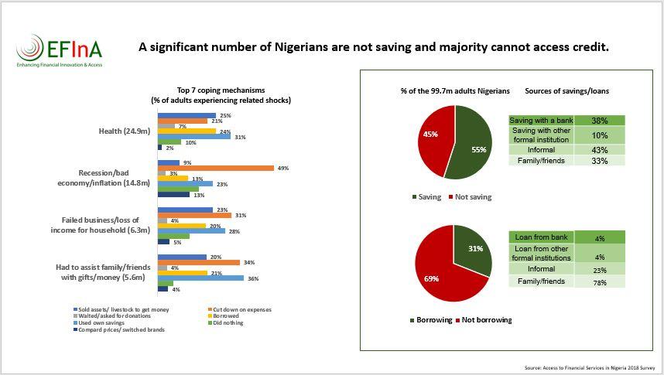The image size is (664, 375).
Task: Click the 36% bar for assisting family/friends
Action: coord(200,278)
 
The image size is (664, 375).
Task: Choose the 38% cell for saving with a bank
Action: coord(598,121)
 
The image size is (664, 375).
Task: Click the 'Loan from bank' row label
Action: coord(541,237)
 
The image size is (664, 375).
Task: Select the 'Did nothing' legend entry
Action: coord(226,322)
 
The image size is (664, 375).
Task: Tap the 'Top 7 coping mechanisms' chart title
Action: coord(221,90)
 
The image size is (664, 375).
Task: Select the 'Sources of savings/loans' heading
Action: coord(566,91)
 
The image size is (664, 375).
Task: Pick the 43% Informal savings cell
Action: coord(598,149)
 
